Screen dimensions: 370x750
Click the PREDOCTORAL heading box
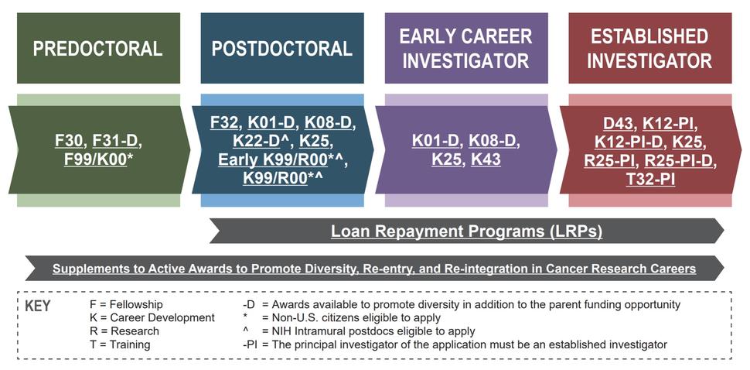pyautogui.click(x=98, y=49)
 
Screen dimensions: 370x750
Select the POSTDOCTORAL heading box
pyautogui.click(x=282, y=49)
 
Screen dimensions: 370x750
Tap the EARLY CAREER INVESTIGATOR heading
pyautogui.click(x=466, y=49)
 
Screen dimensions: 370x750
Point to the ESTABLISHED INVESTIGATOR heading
pyautogui.click(x=650, y=49)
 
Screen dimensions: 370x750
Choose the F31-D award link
pyautogui.click(x=117, y=141)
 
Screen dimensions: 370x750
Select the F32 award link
pyautogui.click(x=225, y=122)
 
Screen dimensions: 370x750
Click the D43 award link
pyautogui.click(x=619, y=122)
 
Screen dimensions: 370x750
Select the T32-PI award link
pyautogui.click(x=651, y=178)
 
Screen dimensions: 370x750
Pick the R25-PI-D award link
pyautogui.click(x=680, y=160)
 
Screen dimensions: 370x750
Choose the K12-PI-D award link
pyautogui.click(x=629, y=142)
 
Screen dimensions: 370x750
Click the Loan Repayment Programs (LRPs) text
pyautogui.click(x=466, y=231)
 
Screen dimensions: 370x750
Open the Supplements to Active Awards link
pyautogui.click(x=374, y=269)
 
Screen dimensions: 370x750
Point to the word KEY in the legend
pyautogui.click(x=38, y=306)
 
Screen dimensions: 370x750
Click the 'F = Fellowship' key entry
pyautogui.click(x=127, y=305)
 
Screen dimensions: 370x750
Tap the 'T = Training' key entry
pyautogui.click(x=120, y=344)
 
